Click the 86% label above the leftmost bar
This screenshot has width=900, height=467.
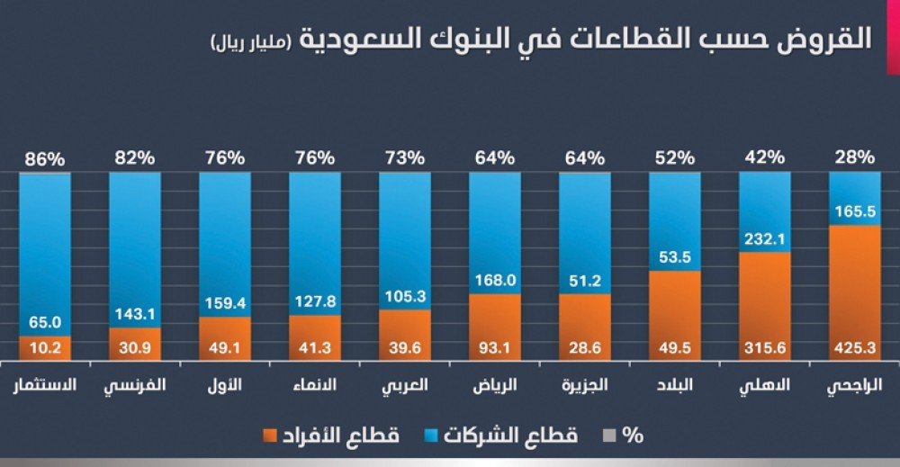tap(44, 158)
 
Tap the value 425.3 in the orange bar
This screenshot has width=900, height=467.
tap(854, 347)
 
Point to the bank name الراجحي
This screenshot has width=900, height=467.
tap(854, 386)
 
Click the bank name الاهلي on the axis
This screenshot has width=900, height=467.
tap(765, 386)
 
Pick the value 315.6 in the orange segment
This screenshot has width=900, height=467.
tap(764, 347)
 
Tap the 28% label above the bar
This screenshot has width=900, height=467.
tap(854, 158)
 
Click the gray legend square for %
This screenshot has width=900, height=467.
tap(609, 436)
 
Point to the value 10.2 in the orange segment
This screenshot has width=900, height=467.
tap(44, 347)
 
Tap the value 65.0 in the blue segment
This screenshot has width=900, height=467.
tap(44, 321)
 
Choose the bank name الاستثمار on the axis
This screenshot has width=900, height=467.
tap(45, 386)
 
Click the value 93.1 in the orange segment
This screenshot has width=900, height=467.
tap(494, 347)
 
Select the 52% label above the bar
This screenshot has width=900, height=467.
tap(674, 158)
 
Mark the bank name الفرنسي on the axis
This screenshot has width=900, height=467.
tap(135, 386)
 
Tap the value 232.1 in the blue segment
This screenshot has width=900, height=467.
tap(764, 240)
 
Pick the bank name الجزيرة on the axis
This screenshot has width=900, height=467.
tap(585, 386)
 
